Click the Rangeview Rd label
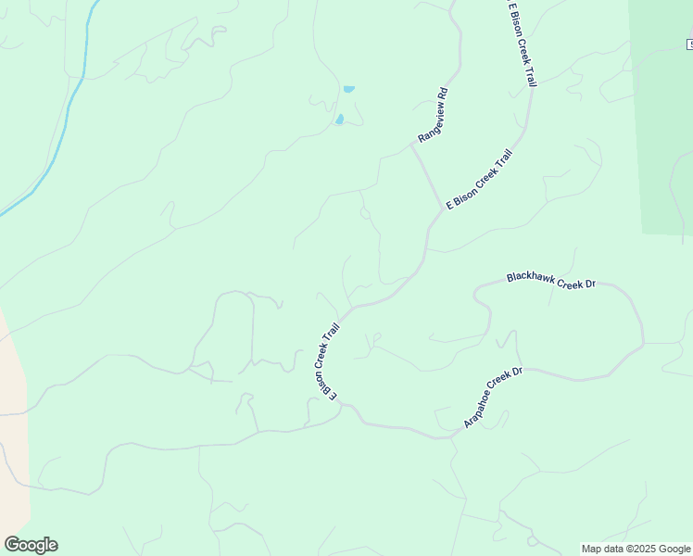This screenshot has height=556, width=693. pyautogui.click(x=433, y=115)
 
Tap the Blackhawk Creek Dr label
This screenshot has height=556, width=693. pyautogui.click(x=550, y=280)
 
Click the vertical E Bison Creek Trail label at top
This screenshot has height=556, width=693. pyautogui.click(x=521, y=44)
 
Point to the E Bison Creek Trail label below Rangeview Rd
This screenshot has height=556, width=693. pyautogui.click(x=479, y=180)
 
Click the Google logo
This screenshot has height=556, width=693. pyautogui.click(x=31, y=544)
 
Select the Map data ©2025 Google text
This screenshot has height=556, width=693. pyautogui.click(x=636, y=549)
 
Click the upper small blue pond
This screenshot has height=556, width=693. pyautogui.click(x=348, y=89)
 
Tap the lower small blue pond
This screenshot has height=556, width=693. pyautogui.click(x=340, y=120)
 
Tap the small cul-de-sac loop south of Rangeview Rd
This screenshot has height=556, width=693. pyautogui.click(x=365, y=213)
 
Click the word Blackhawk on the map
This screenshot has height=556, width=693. pyautogui.click(x=530, y=277)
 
